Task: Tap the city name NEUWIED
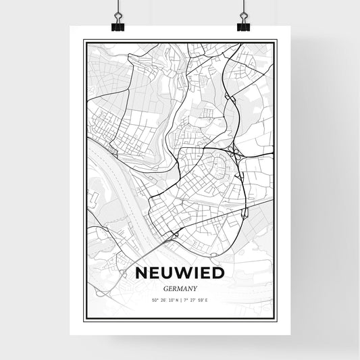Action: pyautogui.click(x=180, y=273)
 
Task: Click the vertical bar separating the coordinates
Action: pyautogui.click(x=180, y=299)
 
